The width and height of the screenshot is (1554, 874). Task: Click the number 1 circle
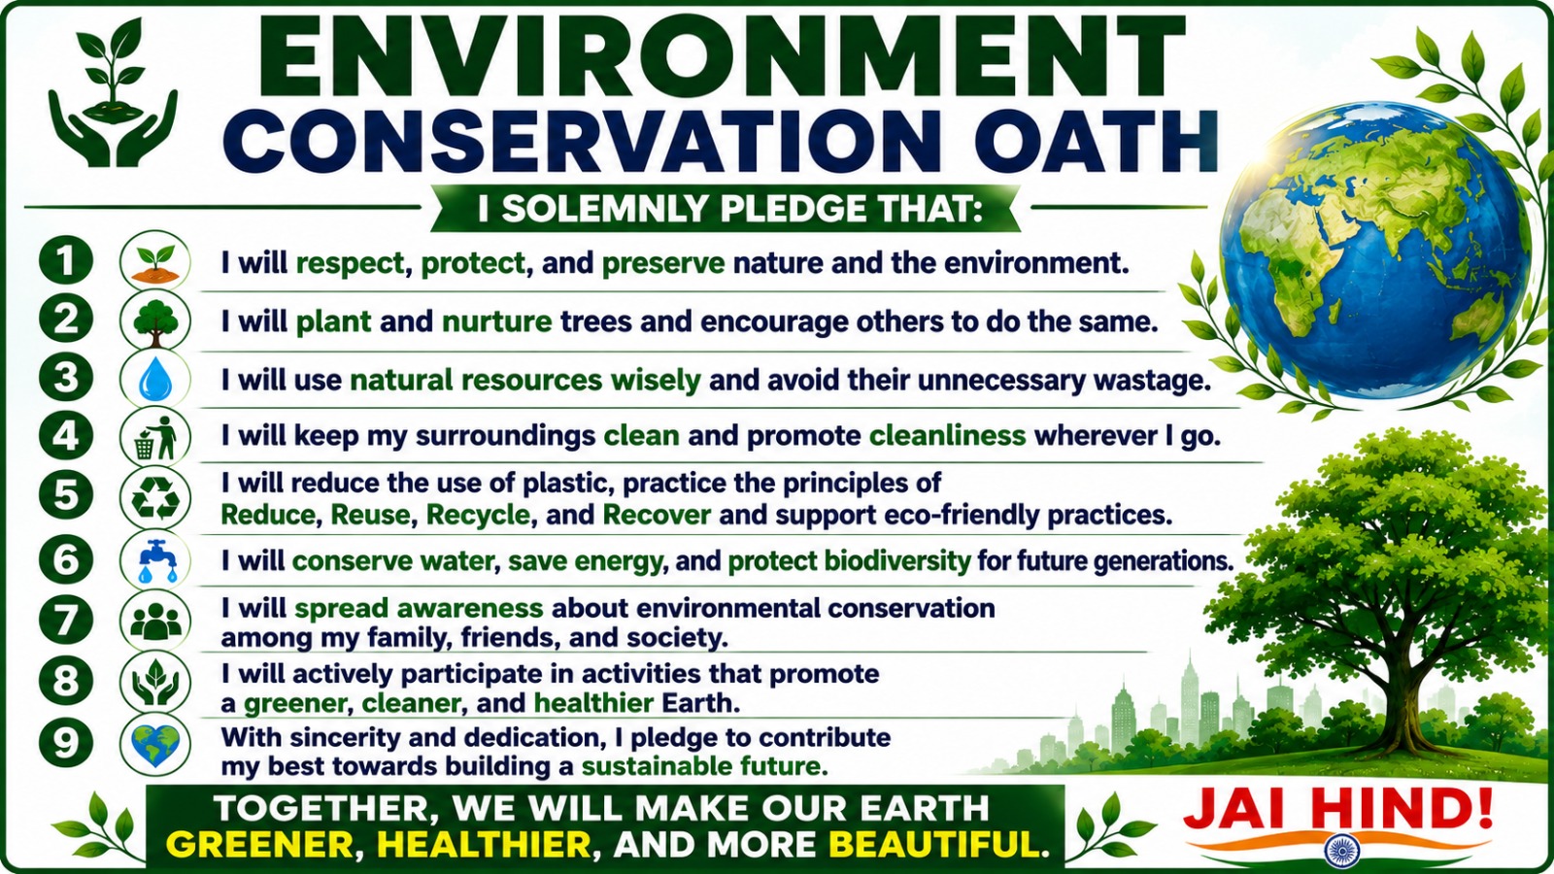click(66, 261)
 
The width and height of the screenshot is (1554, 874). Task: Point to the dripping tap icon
click(155, 560)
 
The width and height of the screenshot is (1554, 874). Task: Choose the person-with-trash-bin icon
click(157, 438)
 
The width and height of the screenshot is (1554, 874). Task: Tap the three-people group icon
click(155, 621)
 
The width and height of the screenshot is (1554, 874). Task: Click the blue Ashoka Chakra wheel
click(1341, 851)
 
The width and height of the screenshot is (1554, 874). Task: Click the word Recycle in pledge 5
click(478, 516)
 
